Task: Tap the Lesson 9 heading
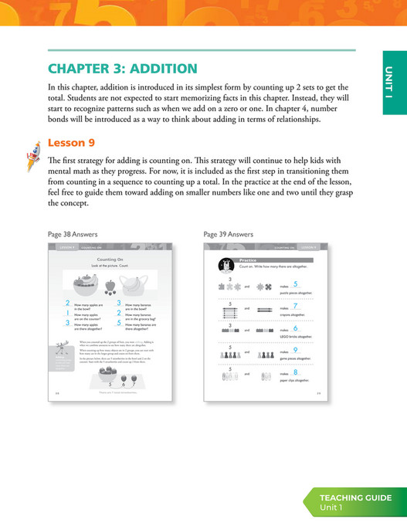pos(71,143)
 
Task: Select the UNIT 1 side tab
pos(394,80)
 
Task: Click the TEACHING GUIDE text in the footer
pos(356,497)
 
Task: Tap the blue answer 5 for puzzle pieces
pos(296,284)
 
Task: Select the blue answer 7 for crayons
pos(296,307)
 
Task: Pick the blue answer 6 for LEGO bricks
pos(296,328)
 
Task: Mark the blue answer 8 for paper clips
pos(296,373)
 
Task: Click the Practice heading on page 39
pos(248,260)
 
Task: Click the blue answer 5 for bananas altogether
pos(117,324)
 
